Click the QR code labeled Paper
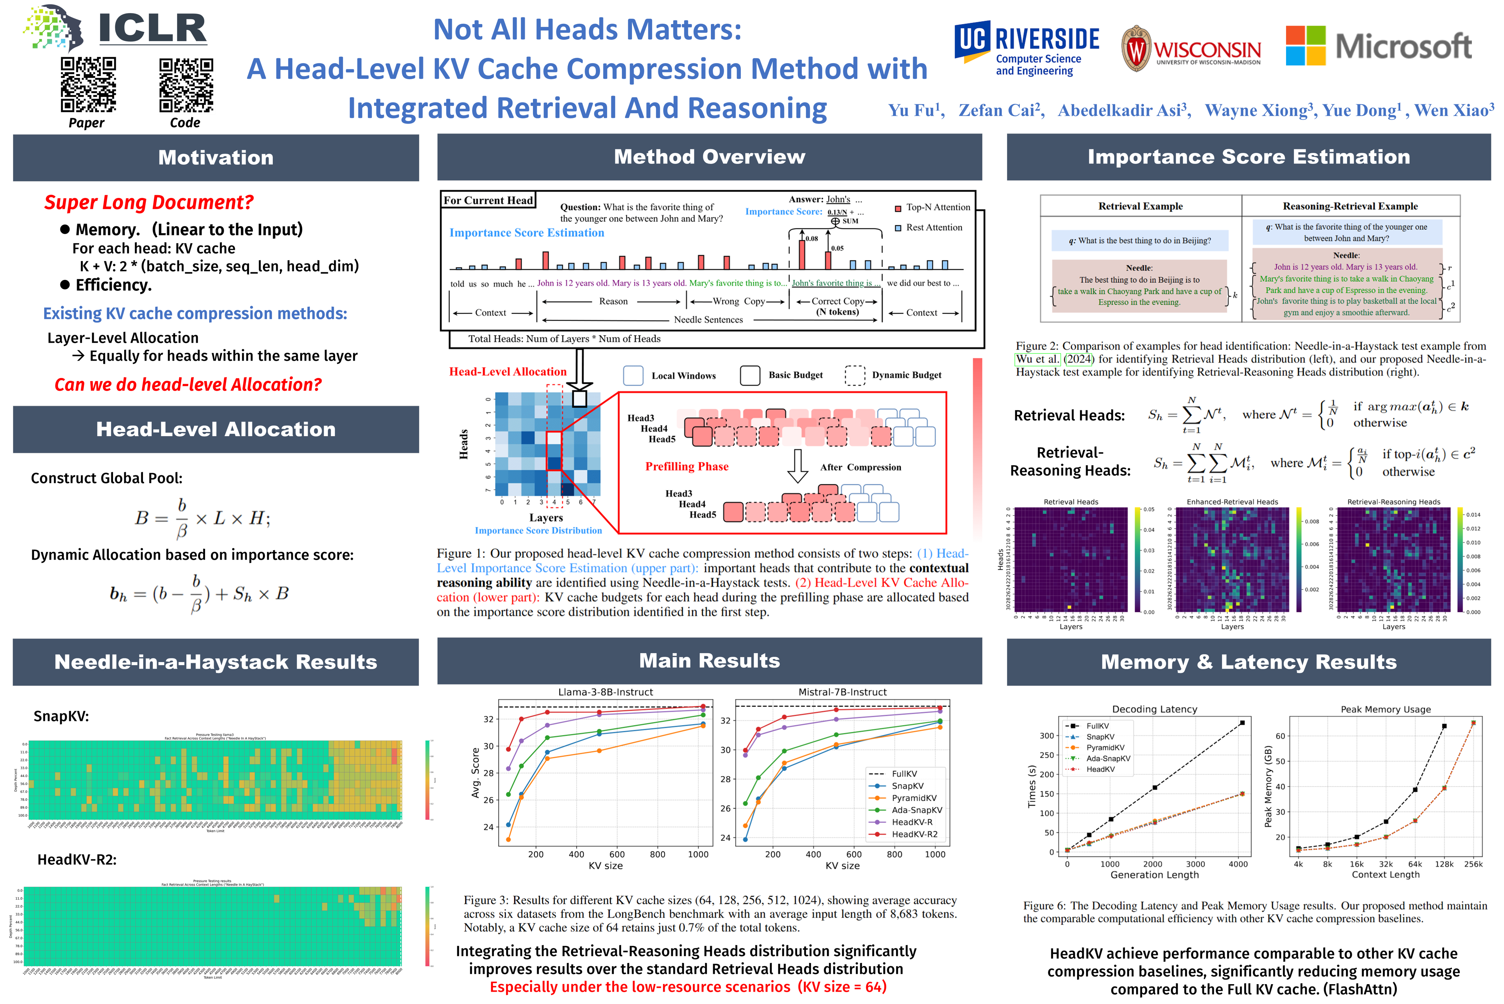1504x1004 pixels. pos(88,84)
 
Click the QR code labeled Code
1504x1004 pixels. pos(186,84)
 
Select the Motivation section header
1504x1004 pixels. pos(216,158)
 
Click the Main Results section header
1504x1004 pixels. pos(709,661)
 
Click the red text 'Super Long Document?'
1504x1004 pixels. pos(149,202)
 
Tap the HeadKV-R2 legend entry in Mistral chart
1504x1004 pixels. pos(914,834)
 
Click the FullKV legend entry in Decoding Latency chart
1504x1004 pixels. pos(1097,726)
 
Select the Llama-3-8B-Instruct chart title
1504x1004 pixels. pos(605,692)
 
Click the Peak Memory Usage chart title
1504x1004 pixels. pos(1385,709)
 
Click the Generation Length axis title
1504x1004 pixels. pos(1154,875)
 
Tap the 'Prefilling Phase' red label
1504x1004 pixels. pos(687,467)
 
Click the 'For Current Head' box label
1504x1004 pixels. pos(488,200)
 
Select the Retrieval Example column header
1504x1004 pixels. pos(1140,206)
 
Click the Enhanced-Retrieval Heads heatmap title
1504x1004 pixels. pos(1232,502)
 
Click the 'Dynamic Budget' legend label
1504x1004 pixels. pos(907,375)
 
